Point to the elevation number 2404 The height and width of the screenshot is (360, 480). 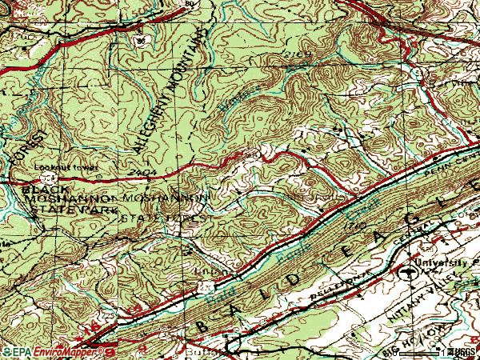click(139, 173)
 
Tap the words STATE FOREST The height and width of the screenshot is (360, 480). click(166, 217)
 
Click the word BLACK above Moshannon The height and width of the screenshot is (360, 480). click(42, 190)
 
